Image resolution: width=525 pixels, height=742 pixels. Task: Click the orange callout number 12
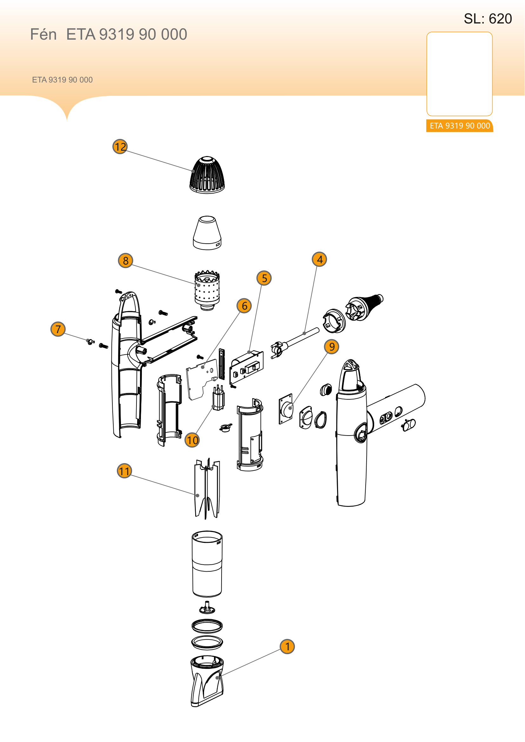tap(120, 147)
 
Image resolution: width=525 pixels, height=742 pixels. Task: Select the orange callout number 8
tap(126, 260)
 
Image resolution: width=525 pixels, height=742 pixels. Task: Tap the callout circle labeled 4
tap(319, 259)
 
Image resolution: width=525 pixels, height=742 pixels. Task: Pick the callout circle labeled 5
tap(264, 278)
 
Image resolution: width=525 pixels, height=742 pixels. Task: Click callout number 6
tap(244, 305)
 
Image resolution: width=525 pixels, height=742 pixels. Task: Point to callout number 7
tap(58, 329)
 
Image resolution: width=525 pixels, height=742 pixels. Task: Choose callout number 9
tap(332, 346)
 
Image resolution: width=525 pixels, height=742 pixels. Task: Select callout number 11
tap(124, 471)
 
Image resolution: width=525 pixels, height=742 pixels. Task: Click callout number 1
tap(287, 646)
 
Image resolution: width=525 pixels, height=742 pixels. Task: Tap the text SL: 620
tap(488, 19)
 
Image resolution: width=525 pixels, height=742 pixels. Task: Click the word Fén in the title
tap(43, 34)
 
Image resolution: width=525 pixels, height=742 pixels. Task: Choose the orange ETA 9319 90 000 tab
tap(460, 126)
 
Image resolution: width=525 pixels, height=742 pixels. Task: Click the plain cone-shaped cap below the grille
tap(207, 233)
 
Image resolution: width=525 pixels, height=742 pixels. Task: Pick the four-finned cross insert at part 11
tap(207, 488)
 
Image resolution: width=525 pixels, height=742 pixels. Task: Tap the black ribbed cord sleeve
tap(364, 307)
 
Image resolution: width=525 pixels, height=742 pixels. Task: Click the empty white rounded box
tap(459, 74)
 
